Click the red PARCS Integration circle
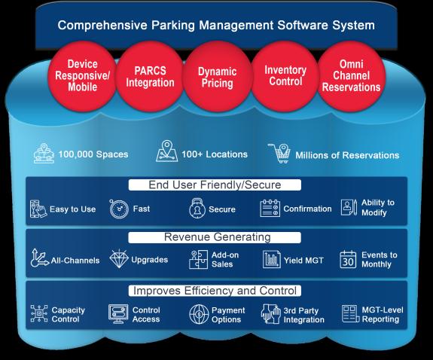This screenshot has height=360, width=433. pyautogui.click(x=150, y=77)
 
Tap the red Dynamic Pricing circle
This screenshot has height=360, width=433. pyautogui.click(x=218, y=77)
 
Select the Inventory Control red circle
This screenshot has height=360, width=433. pyautogui.click(x=285, y=76)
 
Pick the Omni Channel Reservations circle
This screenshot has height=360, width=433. pyautogui.click(x=351, y=76)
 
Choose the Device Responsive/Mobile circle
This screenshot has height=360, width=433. pyautogui.click(x=83, y=76)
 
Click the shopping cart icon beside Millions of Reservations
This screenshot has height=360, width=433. pyautogui.click(x=279, y=153)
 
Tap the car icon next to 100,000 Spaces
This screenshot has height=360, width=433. pyautogui.click(x=44, y=154)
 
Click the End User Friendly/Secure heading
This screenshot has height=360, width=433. pyautogui.click(x=215, y=185)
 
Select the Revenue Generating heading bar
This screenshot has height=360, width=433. pyautogui.click(x=215, y=237)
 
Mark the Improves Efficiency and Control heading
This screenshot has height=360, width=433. pyautogui.click(x=215, y=291)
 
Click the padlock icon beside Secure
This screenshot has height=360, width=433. pyautogui.click(x=197, y=208)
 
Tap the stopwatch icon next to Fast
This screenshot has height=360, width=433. pyautogui.click(x=119, y=209)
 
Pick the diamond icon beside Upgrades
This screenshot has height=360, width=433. pyautogui.click(x=119, y=258)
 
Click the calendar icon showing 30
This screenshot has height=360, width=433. pyautogui.click(x=348, y=259)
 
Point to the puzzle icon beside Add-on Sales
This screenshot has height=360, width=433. pyautogui.click(x=198, y=259)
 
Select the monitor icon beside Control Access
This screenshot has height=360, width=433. pyautogui.click(x=118, y=314)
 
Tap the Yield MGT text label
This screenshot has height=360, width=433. pyautogui.click(x=303, y=261)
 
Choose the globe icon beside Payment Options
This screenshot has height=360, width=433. pyautogui.click(x=199, y=314)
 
